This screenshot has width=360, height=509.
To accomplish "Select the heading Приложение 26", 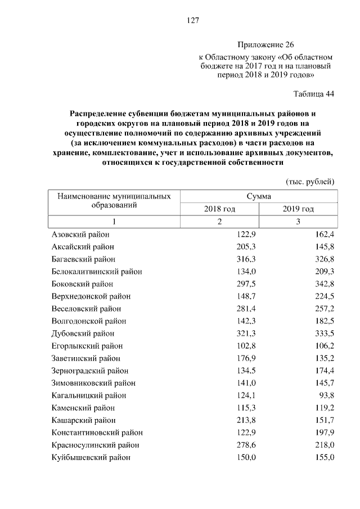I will click(265, 44).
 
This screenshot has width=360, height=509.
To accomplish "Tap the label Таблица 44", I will click(314, 94).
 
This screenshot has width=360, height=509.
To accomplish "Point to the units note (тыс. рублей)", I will click(310, 181).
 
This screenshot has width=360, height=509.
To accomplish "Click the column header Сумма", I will click(259, 196).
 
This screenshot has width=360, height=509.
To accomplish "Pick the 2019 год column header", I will click(298, 209).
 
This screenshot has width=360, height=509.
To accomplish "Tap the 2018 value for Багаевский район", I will click(246, 259).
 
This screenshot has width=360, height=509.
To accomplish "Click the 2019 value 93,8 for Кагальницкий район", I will click(325, 395).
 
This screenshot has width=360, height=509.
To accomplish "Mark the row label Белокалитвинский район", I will click(97, 271).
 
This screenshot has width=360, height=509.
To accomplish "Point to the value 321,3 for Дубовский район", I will click(246, 333).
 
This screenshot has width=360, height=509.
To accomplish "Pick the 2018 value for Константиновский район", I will click(246, 432).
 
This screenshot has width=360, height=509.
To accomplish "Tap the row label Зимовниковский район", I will click(93, 382).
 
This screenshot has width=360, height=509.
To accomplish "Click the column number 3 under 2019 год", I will click(298, 221).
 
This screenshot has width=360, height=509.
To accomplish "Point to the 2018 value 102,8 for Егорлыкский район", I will click(246, 345).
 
